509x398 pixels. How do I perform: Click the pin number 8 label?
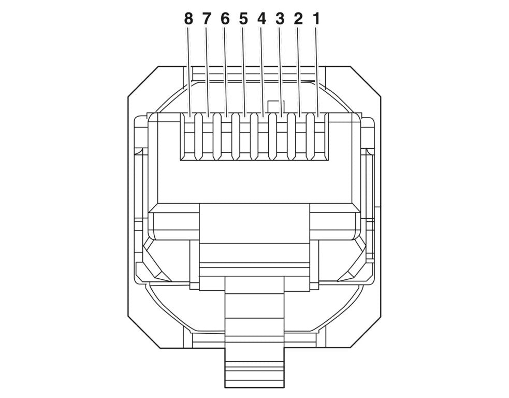coord(188,19)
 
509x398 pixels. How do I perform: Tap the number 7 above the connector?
coord(207,19)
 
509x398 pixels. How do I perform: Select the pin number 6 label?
coord(225,19)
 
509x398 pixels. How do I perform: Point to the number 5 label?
coord(243,19)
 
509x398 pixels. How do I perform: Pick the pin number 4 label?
coord(261,19)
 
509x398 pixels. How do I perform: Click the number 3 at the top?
coord(280,19)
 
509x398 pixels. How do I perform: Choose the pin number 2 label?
coord(298,19)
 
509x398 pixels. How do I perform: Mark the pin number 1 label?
coord(316,19)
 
